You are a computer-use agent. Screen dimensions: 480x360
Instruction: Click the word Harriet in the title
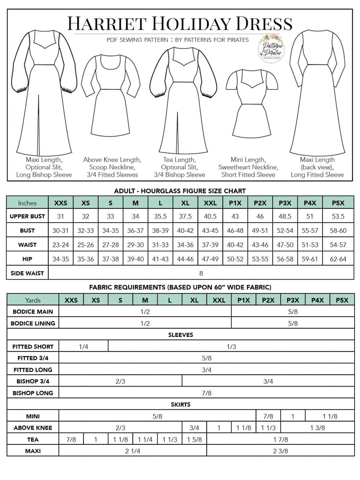point(107,24)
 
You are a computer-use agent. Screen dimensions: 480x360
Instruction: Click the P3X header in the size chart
point(285,203)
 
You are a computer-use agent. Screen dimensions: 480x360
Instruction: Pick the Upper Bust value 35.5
point(160,216)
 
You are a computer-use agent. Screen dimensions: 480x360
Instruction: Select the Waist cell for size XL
point(185,245)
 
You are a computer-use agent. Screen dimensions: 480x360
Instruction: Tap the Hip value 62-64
point(338,259)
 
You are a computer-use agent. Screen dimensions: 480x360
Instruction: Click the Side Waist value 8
point(201,273)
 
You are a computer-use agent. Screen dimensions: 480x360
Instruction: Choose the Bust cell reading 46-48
point(235,230)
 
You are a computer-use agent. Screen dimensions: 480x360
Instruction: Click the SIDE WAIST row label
point(27,273)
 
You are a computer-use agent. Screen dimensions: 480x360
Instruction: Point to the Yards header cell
point(33,300)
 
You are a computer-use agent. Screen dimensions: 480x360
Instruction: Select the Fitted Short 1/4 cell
point(83,347)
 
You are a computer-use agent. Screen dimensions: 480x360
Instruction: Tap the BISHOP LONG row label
point(33,393)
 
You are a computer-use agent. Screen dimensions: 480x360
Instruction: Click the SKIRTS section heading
point(180,404)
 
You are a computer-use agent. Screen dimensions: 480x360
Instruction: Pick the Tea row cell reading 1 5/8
point(194,439)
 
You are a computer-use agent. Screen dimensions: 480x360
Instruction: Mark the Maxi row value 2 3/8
point(280,451)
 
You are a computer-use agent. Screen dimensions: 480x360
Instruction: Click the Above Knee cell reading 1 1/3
point(268,428)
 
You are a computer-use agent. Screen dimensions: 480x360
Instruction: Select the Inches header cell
point(27,203)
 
